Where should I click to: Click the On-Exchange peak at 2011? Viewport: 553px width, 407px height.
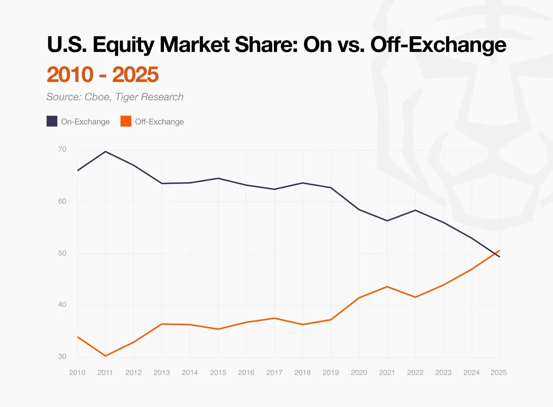(105, 152)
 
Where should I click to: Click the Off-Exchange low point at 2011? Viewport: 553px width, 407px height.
(105, 356)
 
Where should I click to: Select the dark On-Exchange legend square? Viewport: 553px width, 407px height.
(52, 122)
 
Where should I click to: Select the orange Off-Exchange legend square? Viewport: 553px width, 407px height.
(126, 122)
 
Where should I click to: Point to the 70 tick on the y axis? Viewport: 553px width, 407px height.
(62, 150)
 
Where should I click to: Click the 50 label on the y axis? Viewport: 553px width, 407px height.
(62, 253)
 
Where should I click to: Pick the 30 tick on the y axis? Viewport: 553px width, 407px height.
(62, 356)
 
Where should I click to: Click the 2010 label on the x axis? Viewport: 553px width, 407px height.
(77, 373)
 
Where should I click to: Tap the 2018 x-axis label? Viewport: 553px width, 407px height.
(302, 373)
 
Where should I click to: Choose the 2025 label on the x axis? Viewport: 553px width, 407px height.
(499, 373)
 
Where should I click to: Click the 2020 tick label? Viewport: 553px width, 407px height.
(359, 373)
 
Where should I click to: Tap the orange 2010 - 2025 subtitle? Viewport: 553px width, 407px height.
(103, 75)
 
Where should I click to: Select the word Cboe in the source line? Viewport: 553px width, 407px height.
(98, 97)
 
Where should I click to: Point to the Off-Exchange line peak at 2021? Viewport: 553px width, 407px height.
(387, 287)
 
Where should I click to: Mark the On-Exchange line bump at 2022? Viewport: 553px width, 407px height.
(415, 210)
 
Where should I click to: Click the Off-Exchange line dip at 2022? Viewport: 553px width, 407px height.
(415, 297)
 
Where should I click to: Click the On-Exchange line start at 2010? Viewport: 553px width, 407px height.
(78, 170)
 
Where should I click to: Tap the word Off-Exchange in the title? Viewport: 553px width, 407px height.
(438, 45)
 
